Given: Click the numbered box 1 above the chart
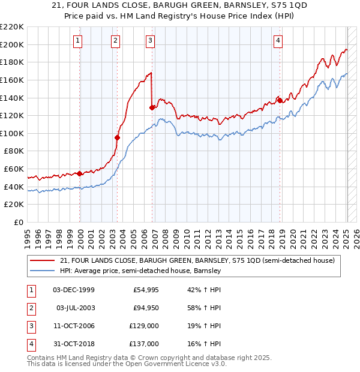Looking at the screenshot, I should [79, 41].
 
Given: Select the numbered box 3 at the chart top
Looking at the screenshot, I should [150, 41].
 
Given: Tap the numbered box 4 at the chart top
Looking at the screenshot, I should [278, 41].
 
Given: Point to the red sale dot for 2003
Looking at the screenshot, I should [118, 137].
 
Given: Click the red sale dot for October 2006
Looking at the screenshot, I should [152, 107].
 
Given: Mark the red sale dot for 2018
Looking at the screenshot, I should [280, 100].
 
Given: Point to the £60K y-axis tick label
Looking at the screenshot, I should [14, 169].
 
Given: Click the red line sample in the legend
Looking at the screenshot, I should [43, 260].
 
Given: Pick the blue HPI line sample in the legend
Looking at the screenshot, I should [43, 271].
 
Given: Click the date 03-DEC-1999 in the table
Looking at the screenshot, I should [74, 290].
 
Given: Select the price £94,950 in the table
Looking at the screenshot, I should [146, 308].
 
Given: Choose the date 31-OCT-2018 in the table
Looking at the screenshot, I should [74, 344].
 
